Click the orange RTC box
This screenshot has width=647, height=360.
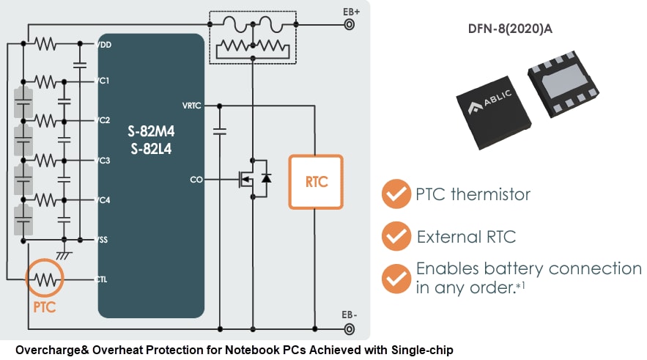click(316, 182)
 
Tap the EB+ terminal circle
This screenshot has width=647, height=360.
click(350, 24)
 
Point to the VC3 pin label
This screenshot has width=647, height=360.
click(103, 160)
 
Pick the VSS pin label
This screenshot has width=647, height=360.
click(103, 240)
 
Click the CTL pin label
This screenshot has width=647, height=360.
click(103, 279)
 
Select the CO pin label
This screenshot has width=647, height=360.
click(196, 179)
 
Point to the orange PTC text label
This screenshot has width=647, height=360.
click(44, 307)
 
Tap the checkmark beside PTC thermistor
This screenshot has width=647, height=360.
click(396, 195)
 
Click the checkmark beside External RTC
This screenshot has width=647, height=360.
click(396, 237)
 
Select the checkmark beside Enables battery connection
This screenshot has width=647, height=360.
click(396, 278)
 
